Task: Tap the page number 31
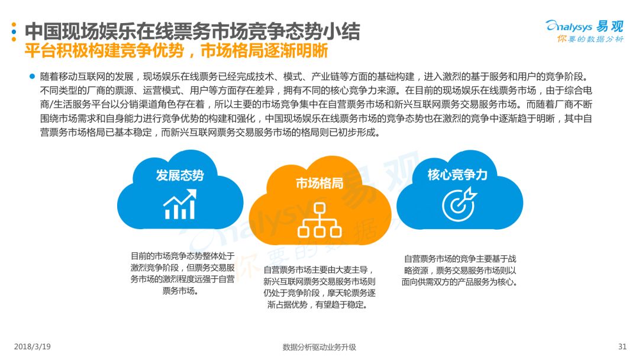pyautogui.click(x=622, y=346)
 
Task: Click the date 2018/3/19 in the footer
pyautogui.click(x=32, y=346)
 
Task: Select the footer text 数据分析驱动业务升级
pyautogui.click(x=319, y=347)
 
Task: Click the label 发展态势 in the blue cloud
pyautogui.click(x=180, y=175)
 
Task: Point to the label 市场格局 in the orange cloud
pyautogui.click(x=319, y=184)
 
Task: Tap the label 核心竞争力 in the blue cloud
pyautogui.click(x=457, y=175)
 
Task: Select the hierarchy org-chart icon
pyautogui.click(x=319, y=220)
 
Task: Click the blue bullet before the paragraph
pyautogui.click(x=32, y=76)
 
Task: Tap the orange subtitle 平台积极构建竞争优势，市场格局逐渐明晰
pyautogui.click(x=176, y=50)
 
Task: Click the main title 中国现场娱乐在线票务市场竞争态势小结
pyautogui.click(x=192, y=31)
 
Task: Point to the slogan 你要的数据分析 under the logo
pyautogui.click(x=590, y=39)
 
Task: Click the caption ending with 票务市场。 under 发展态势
pyautogui.click(x=182, y=273)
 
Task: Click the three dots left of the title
pyautogui.click(x=14, y=32)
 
